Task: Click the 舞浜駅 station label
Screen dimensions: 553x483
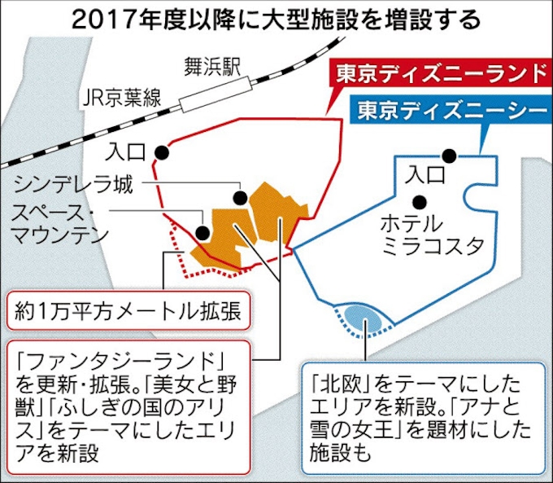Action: coord(213,67)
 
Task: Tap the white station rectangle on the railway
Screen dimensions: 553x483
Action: coord(216,94)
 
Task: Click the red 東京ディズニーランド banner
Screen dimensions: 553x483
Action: coord(441,73)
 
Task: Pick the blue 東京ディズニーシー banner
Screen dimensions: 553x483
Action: coord(451,109)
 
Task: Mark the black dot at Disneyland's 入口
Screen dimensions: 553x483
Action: coord(162,152)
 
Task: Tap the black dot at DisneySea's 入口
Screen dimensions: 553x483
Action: coord(449,156)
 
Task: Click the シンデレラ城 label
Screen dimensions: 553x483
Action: coord(73,184)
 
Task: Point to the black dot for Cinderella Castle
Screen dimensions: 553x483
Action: coord(241,198)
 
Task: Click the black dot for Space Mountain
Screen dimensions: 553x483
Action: coord(202,232)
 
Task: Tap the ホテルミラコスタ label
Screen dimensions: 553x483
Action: coord(433,235)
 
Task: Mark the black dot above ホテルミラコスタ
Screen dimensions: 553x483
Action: coord(420,202)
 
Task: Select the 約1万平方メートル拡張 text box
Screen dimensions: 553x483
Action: coord(128,310)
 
